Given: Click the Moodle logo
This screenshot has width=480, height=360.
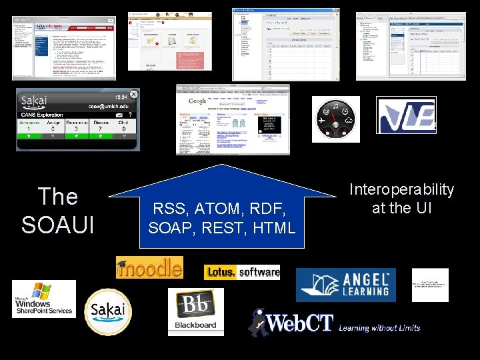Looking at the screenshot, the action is pyautogui.click(x=149, y=267).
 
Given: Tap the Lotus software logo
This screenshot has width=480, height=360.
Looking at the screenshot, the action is pyautogui.click(x=242, y=272).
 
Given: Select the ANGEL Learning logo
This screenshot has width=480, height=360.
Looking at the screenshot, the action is pyautogui.click(x=345, y=285).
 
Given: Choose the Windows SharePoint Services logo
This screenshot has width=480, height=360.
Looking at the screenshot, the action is pyautogui.click(x=43, y=299).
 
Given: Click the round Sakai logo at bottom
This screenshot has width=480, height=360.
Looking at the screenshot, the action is pyautogui.click(x=108, y=311).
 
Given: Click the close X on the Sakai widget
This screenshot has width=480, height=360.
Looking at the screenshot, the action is pyautogui.click(x=133, y=94).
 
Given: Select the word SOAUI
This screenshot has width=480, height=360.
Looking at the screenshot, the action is pyautogui.click(x=58, y=225).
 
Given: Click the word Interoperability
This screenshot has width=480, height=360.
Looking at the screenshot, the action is pyautogui.click(x=402, y=190).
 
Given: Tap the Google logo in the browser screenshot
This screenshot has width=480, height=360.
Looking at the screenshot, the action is pyautogui.click(x=197, y=101).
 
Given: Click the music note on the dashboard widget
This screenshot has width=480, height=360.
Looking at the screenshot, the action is pyautogui.click(x=335, y=106).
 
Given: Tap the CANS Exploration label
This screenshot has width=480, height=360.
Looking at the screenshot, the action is pyautogui.click(x=41, y=115).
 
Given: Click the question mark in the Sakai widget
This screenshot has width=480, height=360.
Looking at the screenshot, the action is pyautogui.click(x=129, y=115).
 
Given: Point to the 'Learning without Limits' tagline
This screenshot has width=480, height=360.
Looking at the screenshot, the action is pyautogui.click(x=379, y=328).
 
